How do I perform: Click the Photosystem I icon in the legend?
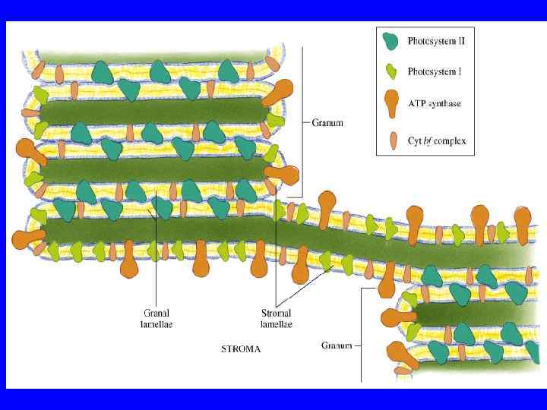click(x=390, y=72)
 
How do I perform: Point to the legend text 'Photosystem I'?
click(x=435, y=72)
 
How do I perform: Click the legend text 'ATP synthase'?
click(x=434, y=104)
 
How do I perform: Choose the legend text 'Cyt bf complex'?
click(x=436, y=140)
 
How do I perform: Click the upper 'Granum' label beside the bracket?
click(x=327, y=121)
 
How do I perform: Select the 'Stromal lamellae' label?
click(x=275, y=318)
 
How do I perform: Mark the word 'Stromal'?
click(x=275, y=312)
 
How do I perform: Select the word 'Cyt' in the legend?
click(x=415, y=140)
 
